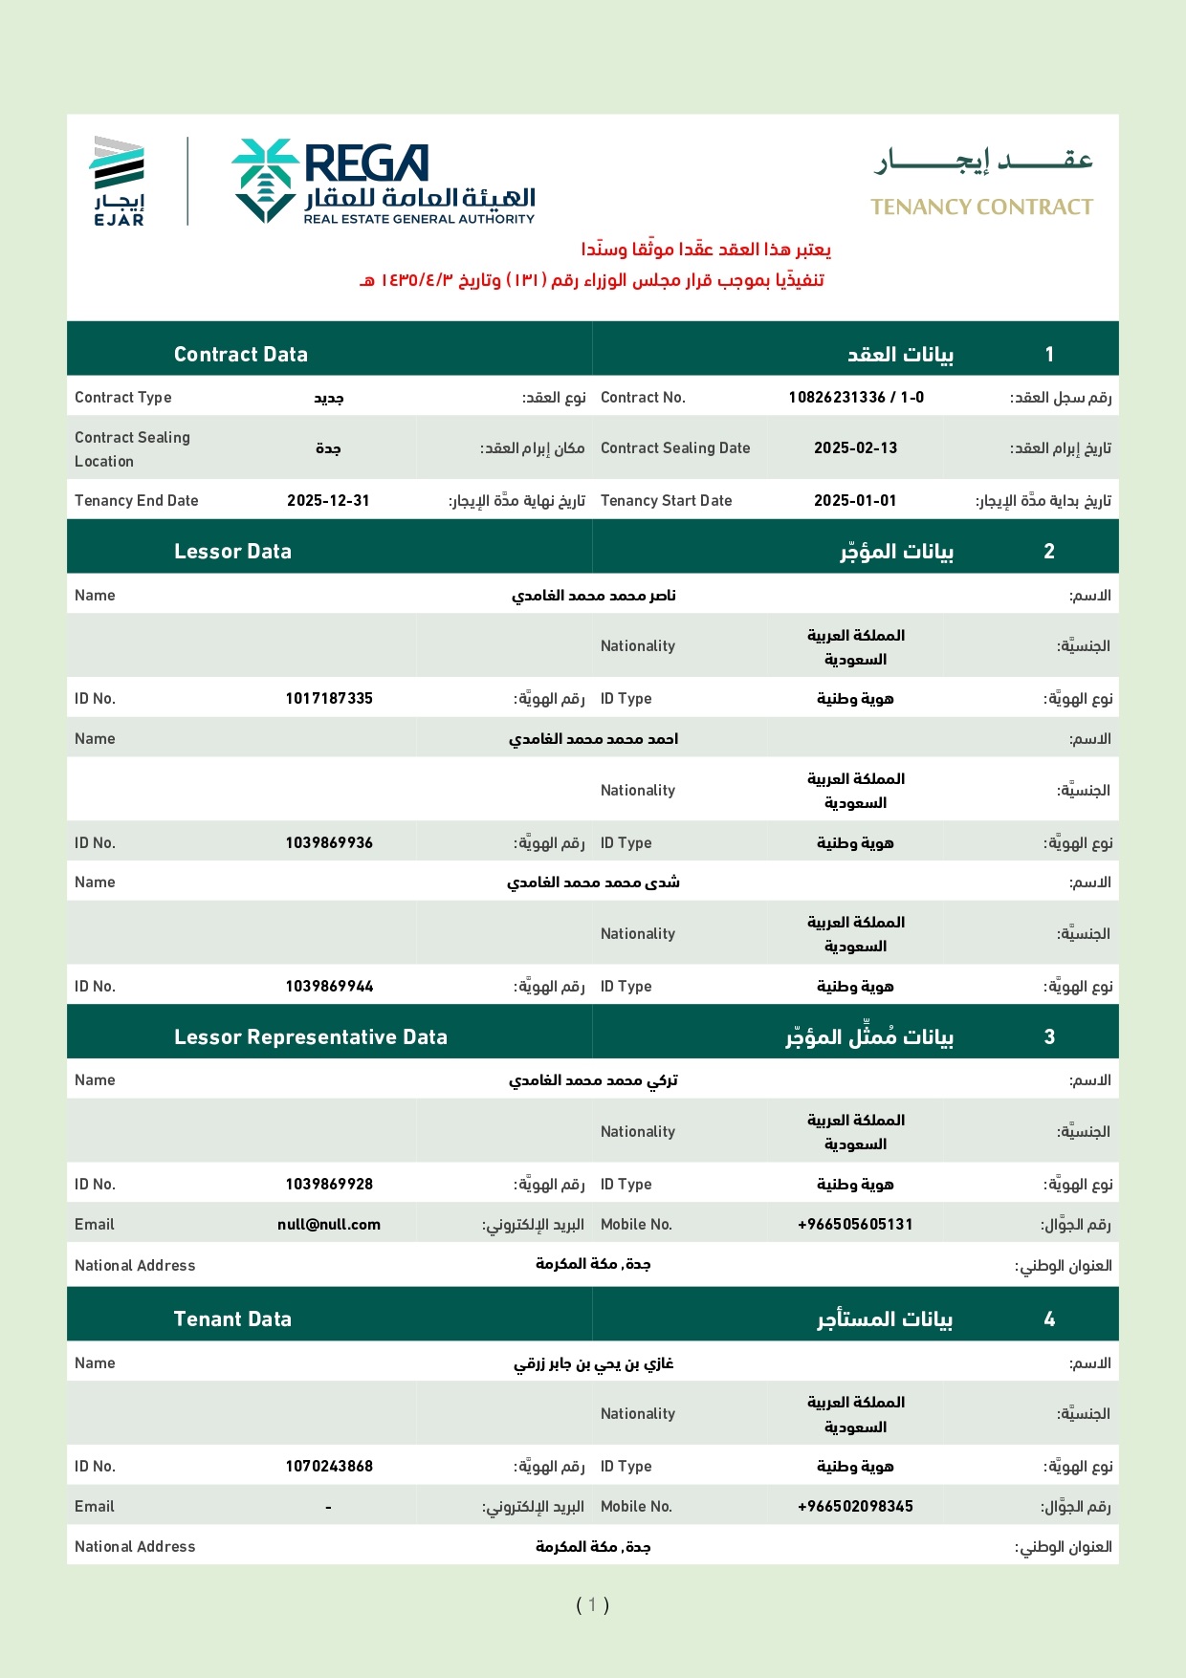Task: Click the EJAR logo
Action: (119, 181)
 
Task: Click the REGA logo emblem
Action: (265, 180)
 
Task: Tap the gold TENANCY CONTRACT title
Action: (981, 207)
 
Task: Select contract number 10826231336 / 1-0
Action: (856, 398)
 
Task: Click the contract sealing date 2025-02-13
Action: (855, 448)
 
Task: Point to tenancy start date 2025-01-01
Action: (855, 501)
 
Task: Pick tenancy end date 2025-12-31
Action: (328, 501)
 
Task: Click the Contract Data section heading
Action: (241, 355)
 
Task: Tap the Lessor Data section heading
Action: (232, 552)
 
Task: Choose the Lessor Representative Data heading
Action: (311, 1037)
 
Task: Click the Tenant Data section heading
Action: (232, 1319)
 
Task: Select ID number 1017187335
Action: (329, 699)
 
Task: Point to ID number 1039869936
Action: (329, 843)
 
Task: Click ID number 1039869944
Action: (329, 987)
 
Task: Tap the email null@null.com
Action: (329, 1225)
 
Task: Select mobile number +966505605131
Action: (855, 1225)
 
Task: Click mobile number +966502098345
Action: (855, 1507)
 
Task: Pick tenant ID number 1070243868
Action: (329, 1467)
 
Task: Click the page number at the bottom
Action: (592, 1604)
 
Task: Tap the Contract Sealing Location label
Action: (132, 449)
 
